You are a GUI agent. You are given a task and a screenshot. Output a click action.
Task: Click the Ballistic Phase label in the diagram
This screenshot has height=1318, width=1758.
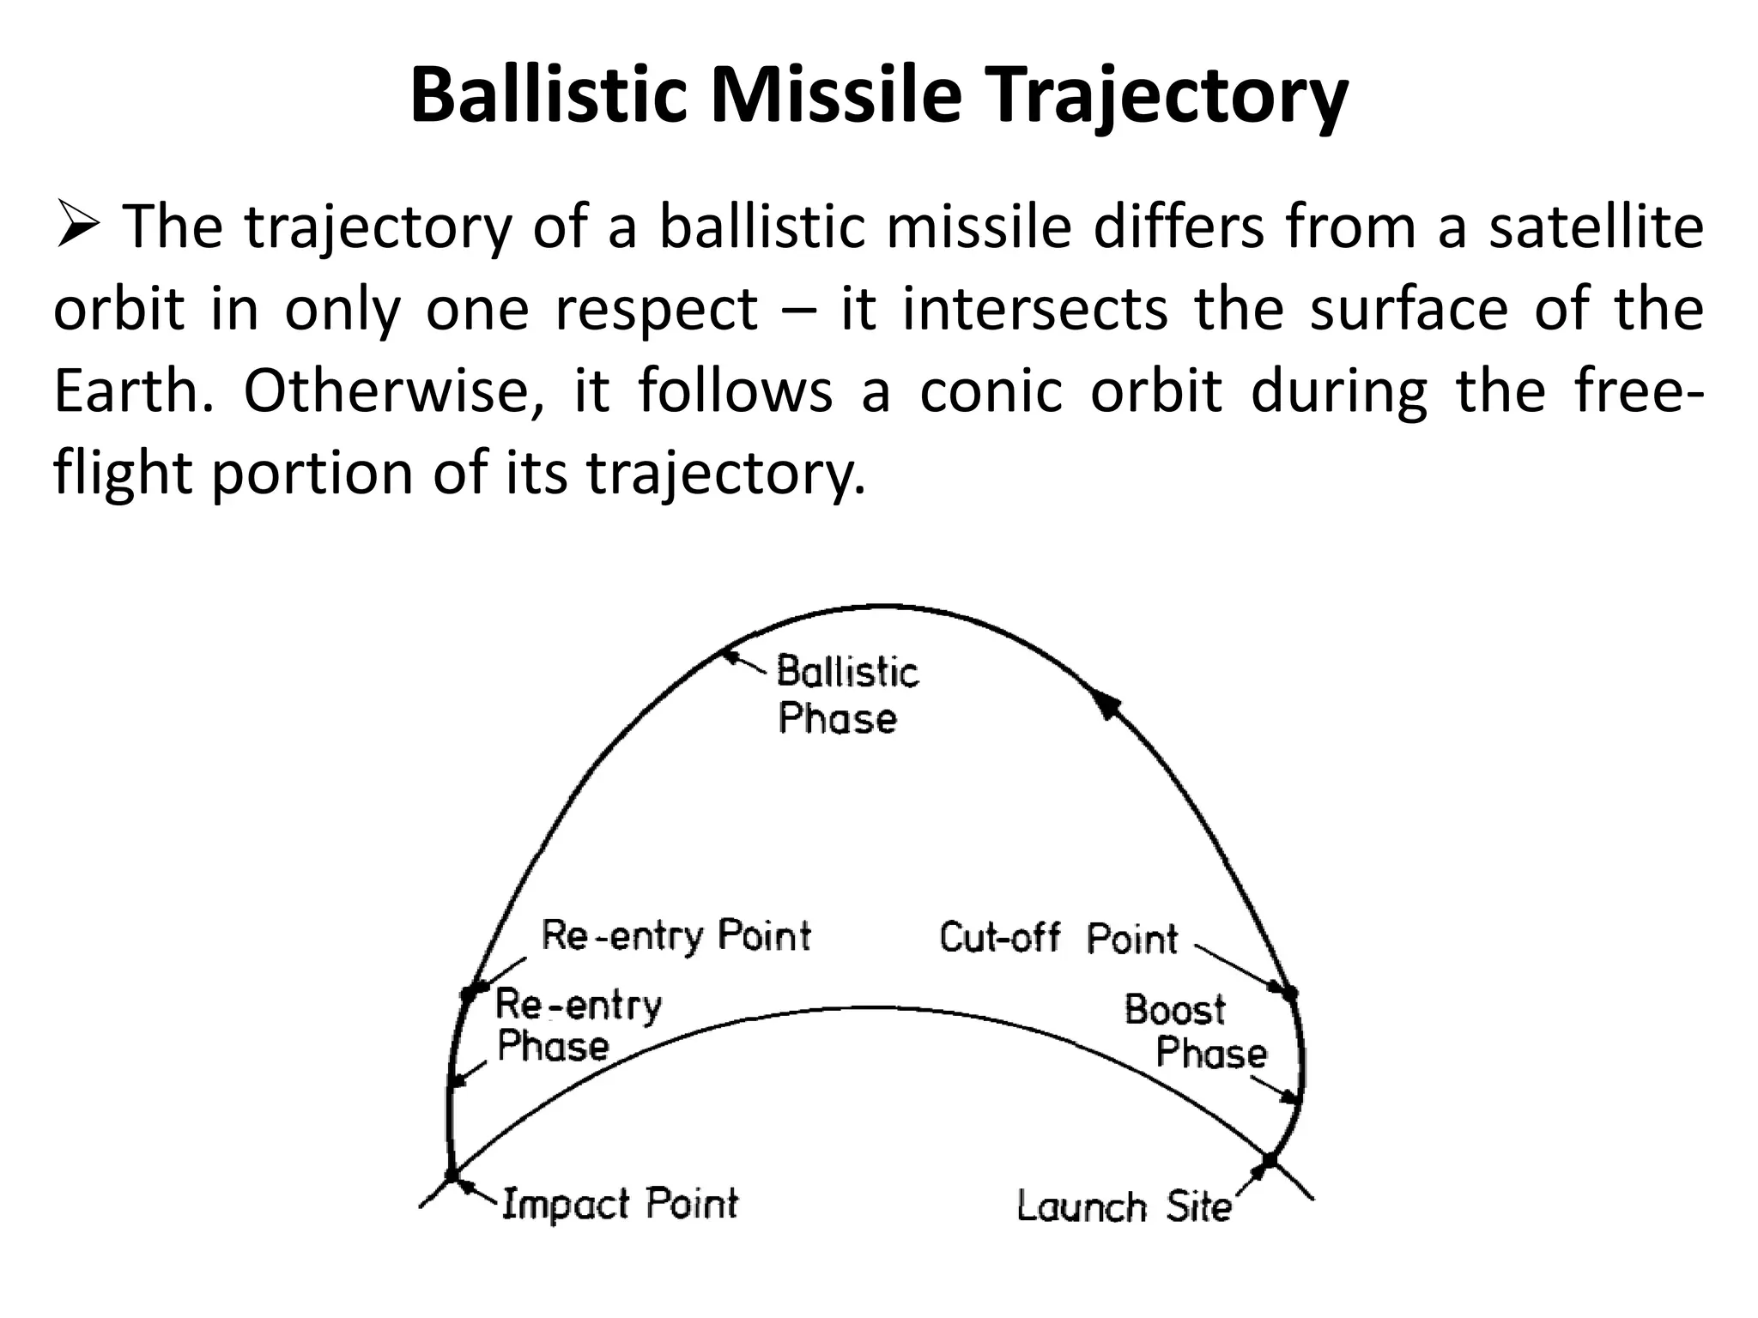[x=846, y=694]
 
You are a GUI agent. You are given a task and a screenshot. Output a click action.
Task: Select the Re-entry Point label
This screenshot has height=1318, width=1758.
[x=676, y=935]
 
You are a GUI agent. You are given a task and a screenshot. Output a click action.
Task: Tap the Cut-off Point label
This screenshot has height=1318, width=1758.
[x=1058, y=937]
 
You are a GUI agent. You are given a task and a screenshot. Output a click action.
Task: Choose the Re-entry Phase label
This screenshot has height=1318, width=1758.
[x=577, y=1025]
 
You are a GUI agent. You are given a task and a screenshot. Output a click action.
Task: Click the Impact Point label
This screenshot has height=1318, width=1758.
[x=619, y=1203]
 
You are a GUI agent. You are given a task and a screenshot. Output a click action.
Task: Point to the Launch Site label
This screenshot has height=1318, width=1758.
[x=1123, y=1206]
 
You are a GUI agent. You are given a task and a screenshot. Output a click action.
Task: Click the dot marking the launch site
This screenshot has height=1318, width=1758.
[x=1270, y=1161]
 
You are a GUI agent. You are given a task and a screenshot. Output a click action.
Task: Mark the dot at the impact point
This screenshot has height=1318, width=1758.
[x=452, y=1175]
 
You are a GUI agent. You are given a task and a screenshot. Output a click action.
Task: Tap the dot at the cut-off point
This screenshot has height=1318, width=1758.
[x=1289, y=993]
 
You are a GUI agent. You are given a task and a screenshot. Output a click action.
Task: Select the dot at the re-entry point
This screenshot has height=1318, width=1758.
[x=469, y=994]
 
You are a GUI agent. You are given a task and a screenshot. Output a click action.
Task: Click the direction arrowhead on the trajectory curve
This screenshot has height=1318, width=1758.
[x=1107, y=704]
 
